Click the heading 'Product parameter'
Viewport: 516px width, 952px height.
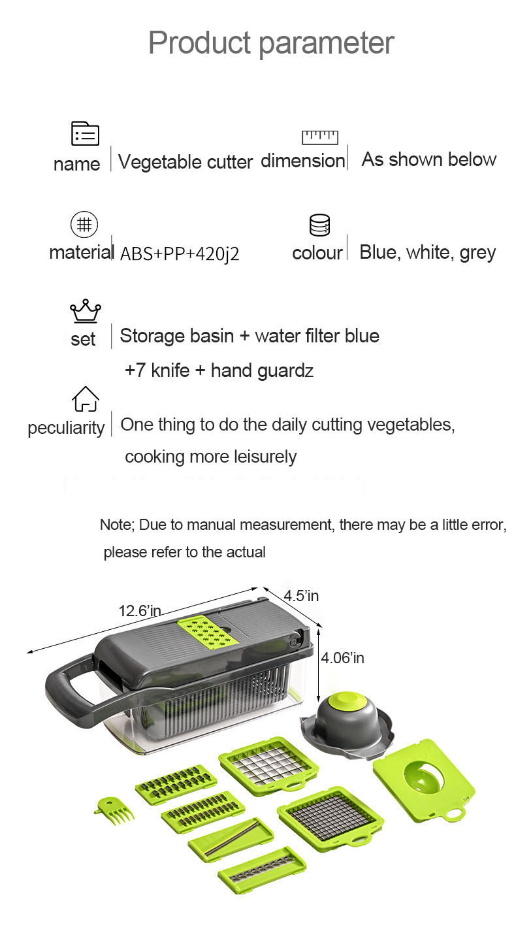pyautogui.click(x=271, y=42)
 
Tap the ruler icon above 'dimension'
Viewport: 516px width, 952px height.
pyautogui.click(x=319, y=137)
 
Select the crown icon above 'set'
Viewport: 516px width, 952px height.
pyautogui.click(x=86, y=311)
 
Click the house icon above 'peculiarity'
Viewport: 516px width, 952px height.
pyautogui.click(x=86, y=399)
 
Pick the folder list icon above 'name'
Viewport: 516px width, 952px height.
pyautogui.click(x=85, y=133)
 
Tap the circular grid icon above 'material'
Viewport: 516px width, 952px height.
pyautogui.click(x=84, y=224)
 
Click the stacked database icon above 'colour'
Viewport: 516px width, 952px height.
pyautogui.click(x=319, y=225)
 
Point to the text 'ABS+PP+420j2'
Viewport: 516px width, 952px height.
pyautogui.click(x=180, y=254)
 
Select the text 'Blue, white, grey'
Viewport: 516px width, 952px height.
pyautogui.click(x=428, y=252)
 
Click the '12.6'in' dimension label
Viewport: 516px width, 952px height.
pyautogui.click(x=139, y=611)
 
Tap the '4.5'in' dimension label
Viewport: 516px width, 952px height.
pyautogui.click(x=301, y=595)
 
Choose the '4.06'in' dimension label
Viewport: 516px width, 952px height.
pyautogui.click(x=342, y=657)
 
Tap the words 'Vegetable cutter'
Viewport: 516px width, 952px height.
pyautogui.click(x=185, y=162)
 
